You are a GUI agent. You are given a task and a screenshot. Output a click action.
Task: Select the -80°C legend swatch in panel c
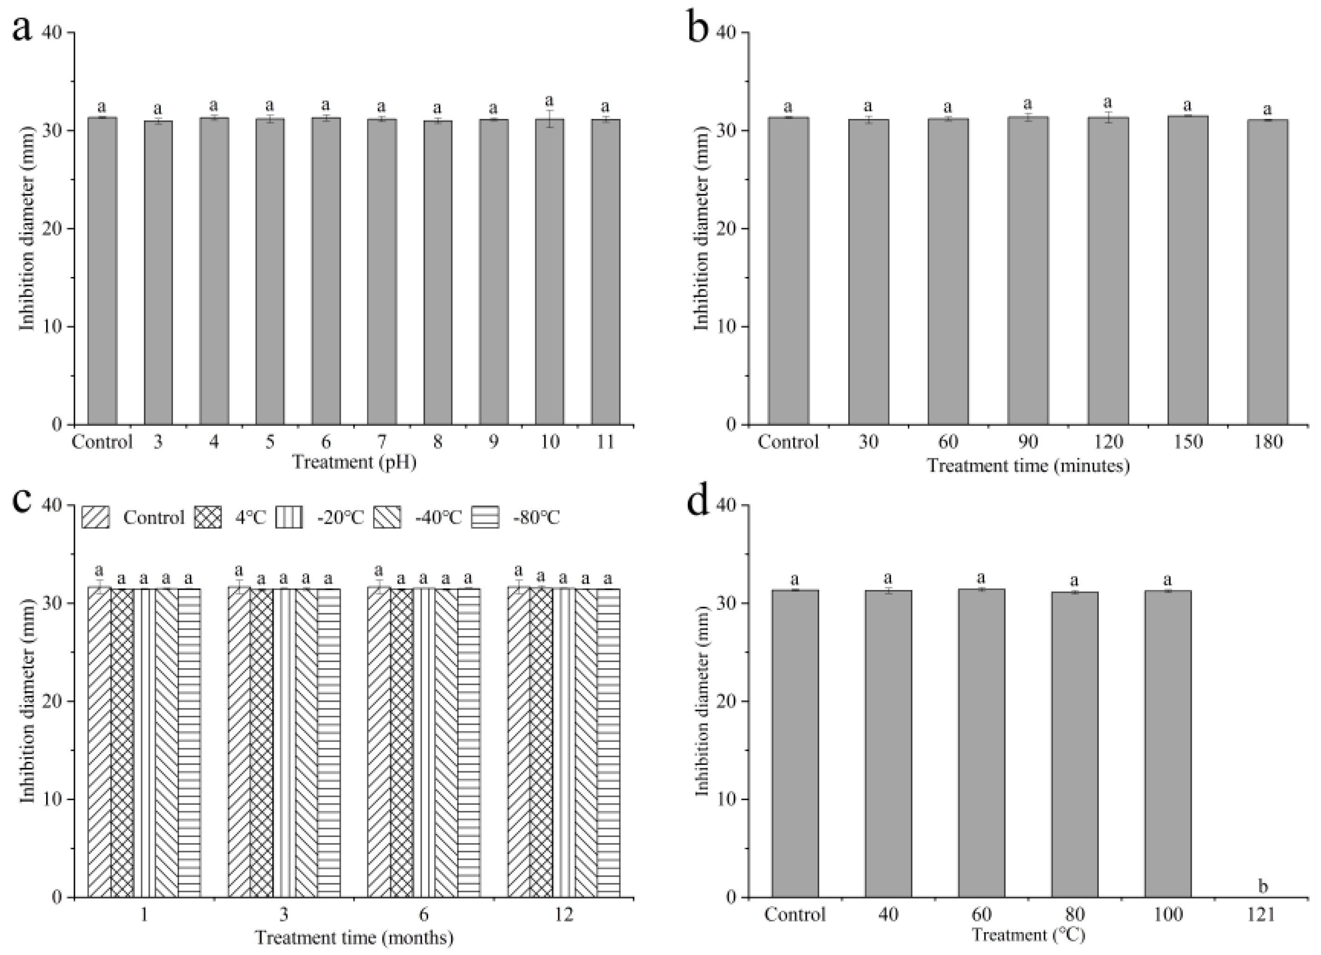coord(485,517)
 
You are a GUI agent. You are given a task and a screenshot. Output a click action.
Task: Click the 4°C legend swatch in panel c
coord(207,517)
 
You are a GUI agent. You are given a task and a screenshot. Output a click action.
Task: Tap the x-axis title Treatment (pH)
coord(354,463)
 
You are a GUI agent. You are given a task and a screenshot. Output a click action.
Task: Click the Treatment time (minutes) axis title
coord(1028,466)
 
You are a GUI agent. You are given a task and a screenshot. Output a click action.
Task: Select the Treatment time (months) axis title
coord(354,938)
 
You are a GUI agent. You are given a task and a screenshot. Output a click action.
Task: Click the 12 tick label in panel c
coord(564,915)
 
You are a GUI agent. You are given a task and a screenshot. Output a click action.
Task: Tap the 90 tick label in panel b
coord(1028,442)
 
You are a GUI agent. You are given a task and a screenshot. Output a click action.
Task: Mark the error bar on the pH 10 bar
coord(549,119)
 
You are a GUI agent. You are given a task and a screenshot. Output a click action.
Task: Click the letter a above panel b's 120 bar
coord(1108,103)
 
